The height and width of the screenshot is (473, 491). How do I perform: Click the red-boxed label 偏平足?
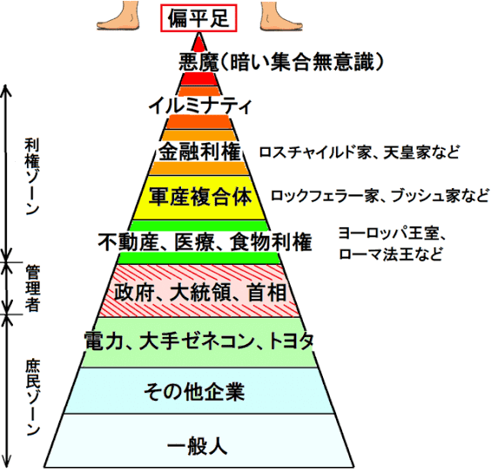(x=198, y=17)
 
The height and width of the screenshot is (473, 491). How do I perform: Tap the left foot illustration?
(x=118, y=17)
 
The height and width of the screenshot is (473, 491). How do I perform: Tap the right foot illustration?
(x=281, y=17)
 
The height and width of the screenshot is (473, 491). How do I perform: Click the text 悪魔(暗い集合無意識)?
(x=281, y=62)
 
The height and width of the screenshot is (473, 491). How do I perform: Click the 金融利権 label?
(x=199, y=152)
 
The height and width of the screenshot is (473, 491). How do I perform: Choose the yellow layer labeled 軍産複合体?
(x=199, y=198)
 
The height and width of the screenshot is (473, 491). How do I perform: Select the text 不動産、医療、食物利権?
(x=205, y=242)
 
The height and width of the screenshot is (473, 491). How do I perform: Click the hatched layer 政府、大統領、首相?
(x=199, y=291)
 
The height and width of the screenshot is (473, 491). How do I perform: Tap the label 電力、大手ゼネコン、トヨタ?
(x=198, y=341)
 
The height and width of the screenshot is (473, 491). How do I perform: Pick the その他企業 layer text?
(x=194, y=392)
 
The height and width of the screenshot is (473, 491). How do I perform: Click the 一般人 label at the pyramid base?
(x=197, y=445)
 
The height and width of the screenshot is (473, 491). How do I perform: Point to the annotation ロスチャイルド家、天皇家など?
(x=360, y=152)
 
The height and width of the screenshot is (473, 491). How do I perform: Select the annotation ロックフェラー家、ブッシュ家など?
(x=380, y=196)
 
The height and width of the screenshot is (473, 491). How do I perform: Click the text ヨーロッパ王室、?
(x=393, y=233)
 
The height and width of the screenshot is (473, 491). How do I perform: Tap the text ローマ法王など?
(x=391, y=254)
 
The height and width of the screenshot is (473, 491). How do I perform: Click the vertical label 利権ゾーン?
(x=32, y=177)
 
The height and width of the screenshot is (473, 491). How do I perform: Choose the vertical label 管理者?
(x=32, y=288)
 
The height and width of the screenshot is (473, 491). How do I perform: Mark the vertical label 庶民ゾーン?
(x=32, y=398)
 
